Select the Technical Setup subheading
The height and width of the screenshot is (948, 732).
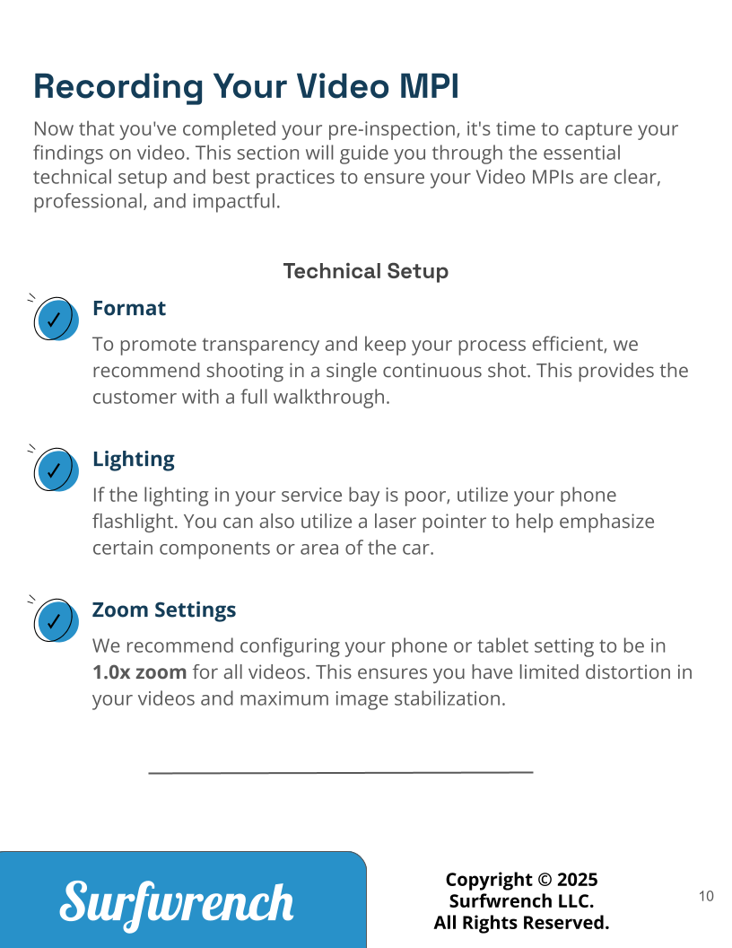(x=365, y=271)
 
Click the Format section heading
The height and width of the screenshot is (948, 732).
(x=129, y=308)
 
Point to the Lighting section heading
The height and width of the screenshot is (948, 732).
(x=134, y=459)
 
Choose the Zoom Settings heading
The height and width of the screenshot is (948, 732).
(x=164, y=610)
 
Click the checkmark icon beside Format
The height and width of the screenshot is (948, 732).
(x=55, y=319)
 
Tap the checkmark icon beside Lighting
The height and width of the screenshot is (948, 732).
(x=55, y=470)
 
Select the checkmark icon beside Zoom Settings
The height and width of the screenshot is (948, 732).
(x=55, y=620)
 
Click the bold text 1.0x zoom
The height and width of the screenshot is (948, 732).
(x=139, y=672)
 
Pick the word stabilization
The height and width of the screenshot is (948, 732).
(x=449, y=698)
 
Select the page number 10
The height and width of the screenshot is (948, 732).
(x=706, y=896)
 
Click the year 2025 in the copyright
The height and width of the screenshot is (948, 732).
(x=578, y=880)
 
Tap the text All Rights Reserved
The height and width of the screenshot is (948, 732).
(x=521, y=923)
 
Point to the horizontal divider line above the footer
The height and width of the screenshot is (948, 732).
(x=341, y=771)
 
